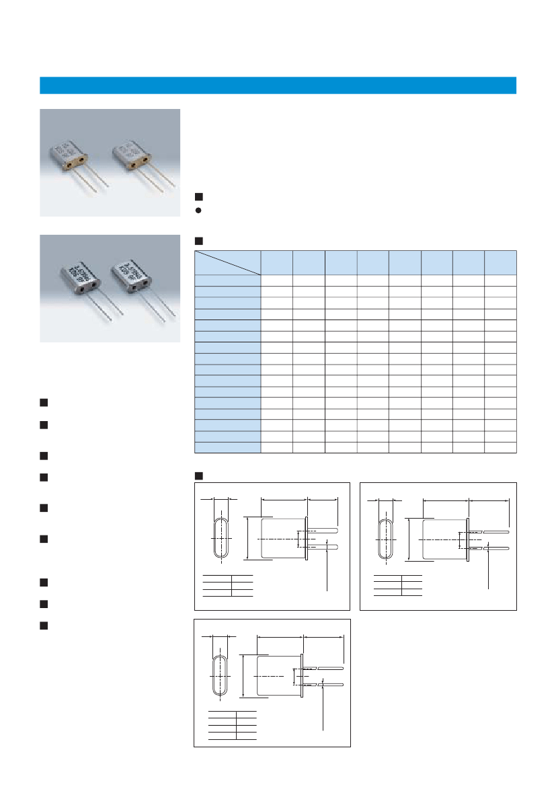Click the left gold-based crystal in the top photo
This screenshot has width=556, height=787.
[69, 155]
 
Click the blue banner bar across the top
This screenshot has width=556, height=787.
[278, 85]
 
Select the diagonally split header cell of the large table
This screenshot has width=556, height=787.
[227, 262]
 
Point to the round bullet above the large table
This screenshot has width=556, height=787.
[198, 209]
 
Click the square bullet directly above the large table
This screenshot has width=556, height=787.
[198, 241]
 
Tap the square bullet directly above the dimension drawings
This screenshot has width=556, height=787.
[198, 476]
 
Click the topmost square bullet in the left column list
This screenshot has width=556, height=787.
[43, 403]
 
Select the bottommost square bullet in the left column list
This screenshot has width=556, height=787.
[43, 626]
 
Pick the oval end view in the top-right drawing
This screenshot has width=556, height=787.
[385, 539]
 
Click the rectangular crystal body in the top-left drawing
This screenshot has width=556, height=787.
[282, 538]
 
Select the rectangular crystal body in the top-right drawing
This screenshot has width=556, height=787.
[444, 539]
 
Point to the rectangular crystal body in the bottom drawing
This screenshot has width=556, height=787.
[278, 675]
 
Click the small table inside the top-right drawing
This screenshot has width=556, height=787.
[398, 585]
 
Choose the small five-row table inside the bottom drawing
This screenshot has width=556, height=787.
[233, 725]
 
